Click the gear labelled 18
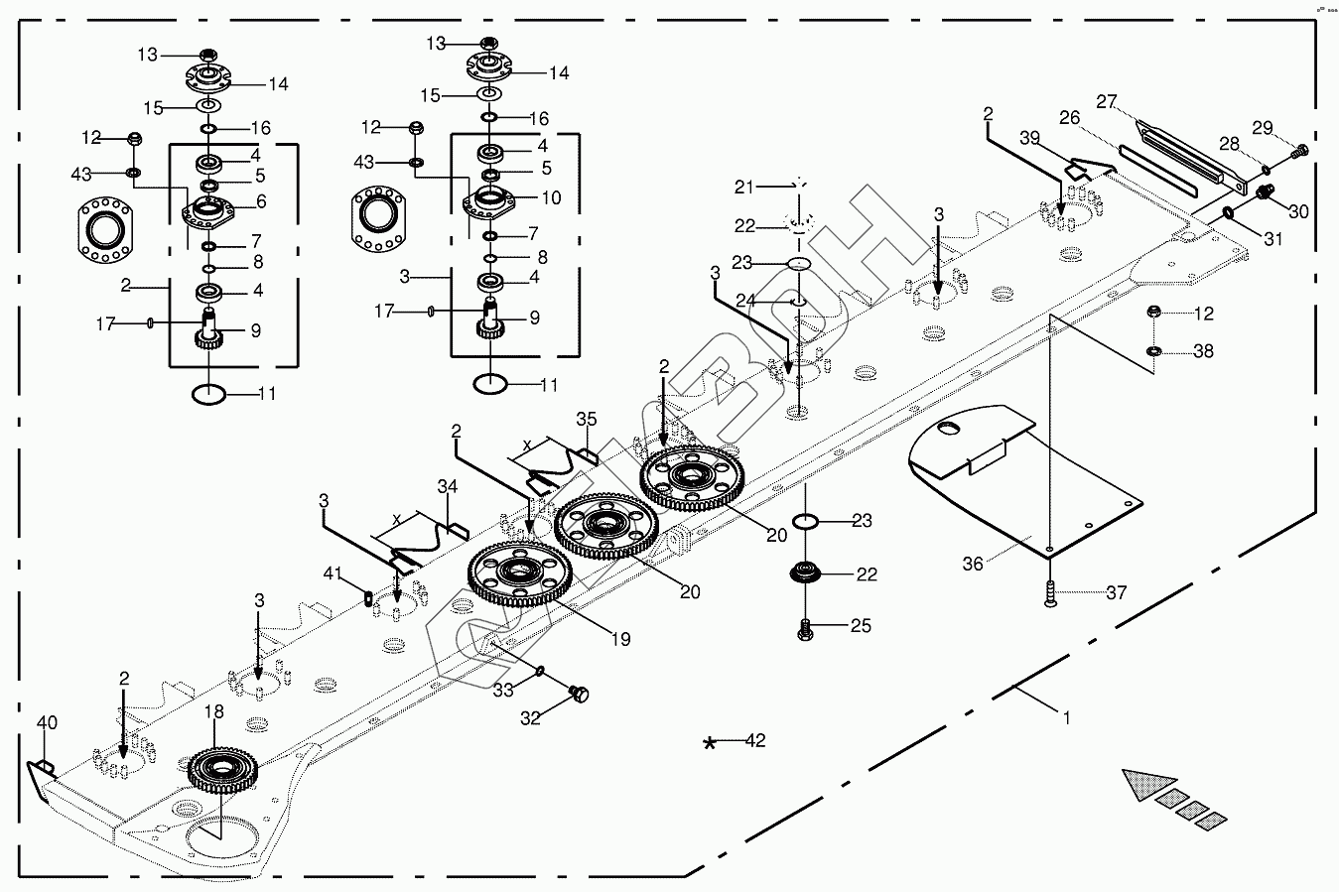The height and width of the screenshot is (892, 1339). pyautogui.click(x=222, y=768)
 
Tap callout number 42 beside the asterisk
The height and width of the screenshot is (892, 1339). pyautogui.click(x=755, y=740)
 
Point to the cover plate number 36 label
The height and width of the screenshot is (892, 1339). pyautogui.click(x=973, y=564)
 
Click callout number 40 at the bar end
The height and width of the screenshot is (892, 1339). pyautogui.click(x=48, y=723)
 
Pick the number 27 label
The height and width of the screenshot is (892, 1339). pyautogui.click(x=1107, y=101)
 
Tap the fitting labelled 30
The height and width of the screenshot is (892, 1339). pyautogui.click(x=1266, y=191)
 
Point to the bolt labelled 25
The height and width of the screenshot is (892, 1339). pyautogui.click(x=806, y=627)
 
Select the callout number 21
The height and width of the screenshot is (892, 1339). pyautogui.click(x=745, y=187)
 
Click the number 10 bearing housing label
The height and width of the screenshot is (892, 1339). pyautogui.click(x=551, y=197)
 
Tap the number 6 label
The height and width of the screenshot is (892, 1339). pyautogui.click(x=261, y=201)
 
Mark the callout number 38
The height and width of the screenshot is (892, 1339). pyautogui.click(x=1203, y=351)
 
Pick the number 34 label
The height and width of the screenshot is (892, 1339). pyautogui.click(x=448, y=486)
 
